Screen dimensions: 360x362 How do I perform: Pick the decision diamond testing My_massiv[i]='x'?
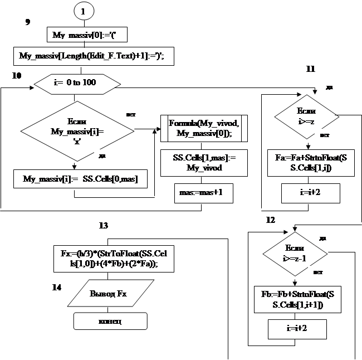pos(77,131)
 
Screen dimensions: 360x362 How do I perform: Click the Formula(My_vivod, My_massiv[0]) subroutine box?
pos(203,129)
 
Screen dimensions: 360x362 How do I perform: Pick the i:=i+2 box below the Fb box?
pos(295,329)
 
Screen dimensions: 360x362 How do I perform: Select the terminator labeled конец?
pos(110,321)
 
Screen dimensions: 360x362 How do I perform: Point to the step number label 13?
pos(102,226)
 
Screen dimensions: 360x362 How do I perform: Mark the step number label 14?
pos(56,288)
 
